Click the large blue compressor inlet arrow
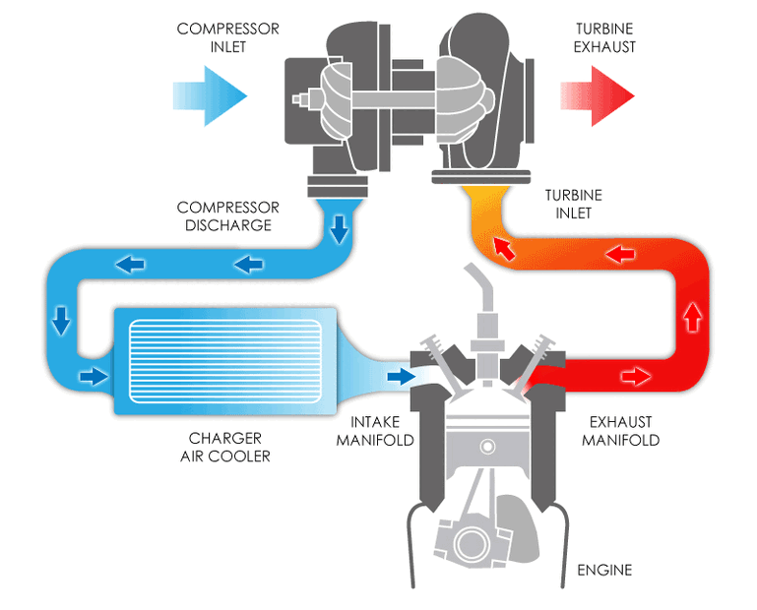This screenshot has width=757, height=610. pos(210,94)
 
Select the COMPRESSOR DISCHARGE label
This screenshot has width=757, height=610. pos(227,216)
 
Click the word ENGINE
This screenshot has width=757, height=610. pos(604,570)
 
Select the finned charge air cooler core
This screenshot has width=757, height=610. pos(224,360)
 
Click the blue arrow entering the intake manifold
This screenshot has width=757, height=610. pos(401,376)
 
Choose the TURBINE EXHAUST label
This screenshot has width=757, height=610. pos(599,37)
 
